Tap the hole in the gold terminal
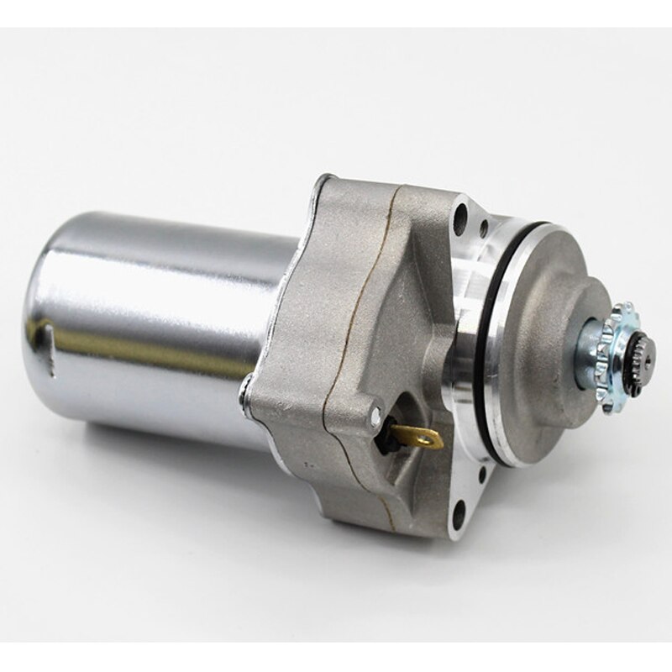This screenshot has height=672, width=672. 430,437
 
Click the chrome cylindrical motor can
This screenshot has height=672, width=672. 168,319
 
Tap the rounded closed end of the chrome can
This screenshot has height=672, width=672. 50,311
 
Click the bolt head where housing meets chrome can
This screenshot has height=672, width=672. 244,390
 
